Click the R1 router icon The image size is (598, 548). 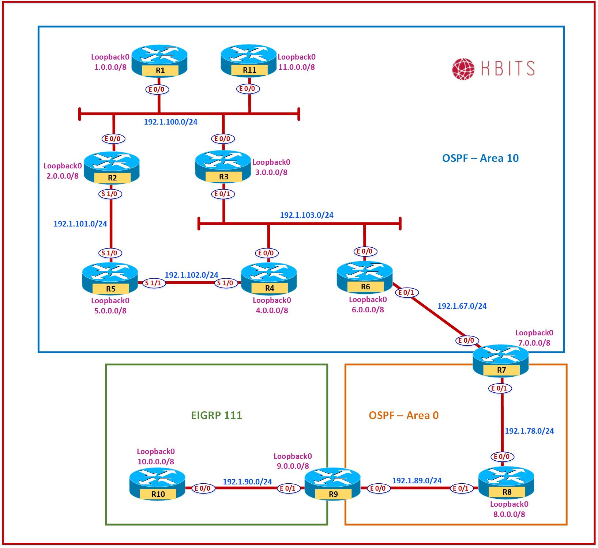pos(159,60)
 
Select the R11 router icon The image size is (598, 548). pos(249,60)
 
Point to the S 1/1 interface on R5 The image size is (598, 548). pos(154,283)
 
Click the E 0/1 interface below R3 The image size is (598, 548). pos(223,194)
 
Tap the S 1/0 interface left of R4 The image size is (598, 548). pos(226,283)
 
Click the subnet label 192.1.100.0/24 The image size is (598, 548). pos(170,122)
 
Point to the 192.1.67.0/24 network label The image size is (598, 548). pos(462,306)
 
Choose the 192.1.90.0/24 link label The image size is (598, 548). pos(247,482)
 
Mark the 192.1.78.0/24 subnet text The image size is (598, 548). pos(529,431)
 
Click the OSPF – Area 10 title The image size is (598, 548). pos(480,158)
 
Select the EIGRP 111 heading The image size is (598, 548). pos(217,415)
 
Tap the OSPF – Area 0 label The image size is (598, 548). pos(403,415)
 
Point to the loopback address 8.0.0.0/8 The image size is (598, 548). pos(509,514)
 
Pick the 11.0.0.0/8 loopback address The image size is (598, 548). pos(297,67)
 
